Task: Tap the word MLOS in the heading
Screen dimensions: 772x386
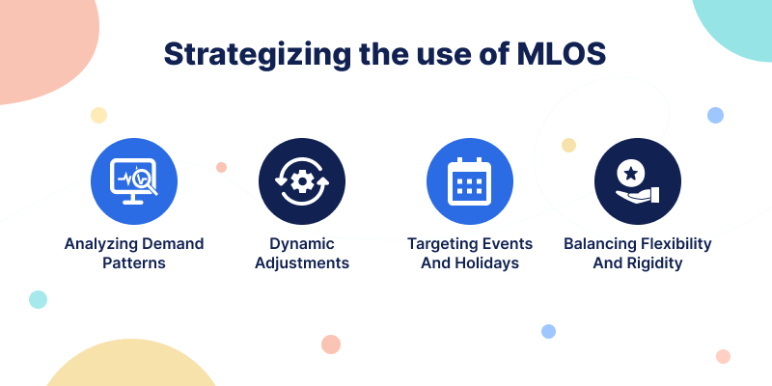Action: [x=562, y=54]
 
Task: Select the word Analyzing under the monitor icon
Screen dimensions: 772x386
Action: [x=100, y=244]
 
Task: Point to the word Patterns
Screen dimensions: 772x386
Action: [x=134, y=262]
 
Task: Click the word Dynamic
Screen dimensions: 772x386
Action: [x=302, y=244]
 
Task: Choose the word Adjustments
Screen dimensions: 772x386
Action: [x=302, y=262]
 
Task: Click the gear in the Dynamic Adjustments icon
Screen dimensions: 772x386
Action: [x=302, y=181]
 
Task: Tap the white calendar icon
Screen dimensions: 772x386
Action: [x=470, y=181]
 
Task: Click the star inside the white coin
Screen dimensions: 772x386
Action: [x=630, y=173]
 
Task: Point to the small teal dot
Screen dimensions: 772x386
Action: [x=38, y=299]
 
